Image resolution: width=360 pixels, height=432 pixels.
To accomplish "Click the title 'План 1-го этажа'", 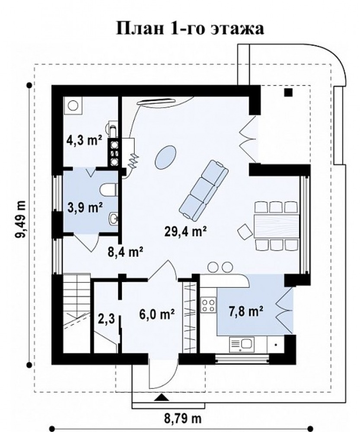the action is click(x=190, y=29).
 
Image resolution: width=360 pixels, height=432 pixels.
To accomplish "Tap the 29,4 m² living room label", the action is click(x=185, y=231).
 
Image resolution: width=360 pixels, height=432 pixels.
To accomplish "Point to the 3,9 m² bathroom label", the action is click(x=85, y=208).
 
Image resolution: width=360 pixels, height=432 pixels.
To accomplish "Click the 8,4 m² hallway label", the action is click(x=125, y=251).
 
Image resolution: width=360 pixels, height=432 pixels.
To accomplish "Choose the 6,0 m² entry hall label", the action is click(x=157, y=314).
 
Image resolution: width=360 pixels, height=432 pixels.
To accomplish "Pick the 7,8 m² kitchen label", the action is click(x=245, y=311).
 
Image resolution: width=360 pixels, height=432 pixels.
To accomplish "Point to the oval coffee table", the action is click(x=165, y=157).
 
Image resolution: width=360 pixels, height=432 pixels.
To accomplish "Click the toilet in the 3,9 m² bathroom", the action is click(x=108, y=190).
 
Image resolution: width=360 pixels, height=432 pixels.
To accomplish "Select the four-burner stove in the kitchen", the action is click(x=208, y=305).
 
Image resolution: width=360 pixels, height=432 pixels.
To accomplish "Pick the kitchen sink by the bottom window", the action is click(x=242, y=344).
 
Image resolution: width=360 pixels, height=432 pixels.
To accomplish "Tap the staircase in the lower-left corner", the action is click(x=76, y=313).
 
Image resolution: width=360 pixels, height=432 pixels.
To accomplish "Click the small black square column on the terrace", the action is click(x=288, y=92).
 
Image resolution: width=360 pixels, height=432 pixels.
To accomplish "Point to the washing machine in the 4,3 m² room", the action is click(x=73, y=105).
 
